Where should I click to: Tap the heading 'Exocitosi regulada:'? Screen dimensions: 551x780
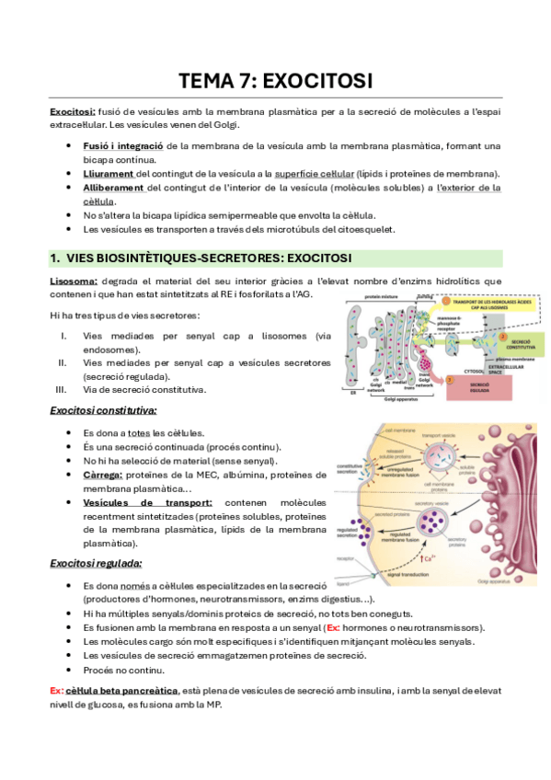click(96, 563)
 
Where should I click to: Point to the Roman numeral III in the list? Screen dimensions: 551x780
click(62, 388)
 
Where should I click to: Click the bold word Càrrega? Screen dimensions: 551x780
click(103, 475)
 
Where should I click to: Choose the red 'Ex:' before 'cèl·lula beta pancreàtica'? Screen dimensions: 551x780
click(57, 690)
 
